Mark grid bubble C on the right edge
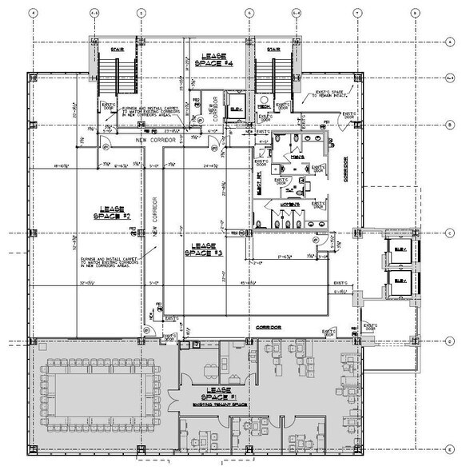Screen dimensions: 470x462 click(x=451, y=233)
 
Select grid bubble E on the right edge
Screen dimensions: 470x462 click(x=451, y=448)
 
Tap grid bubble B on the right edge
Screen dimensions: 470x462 click(x=451, y=125)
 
